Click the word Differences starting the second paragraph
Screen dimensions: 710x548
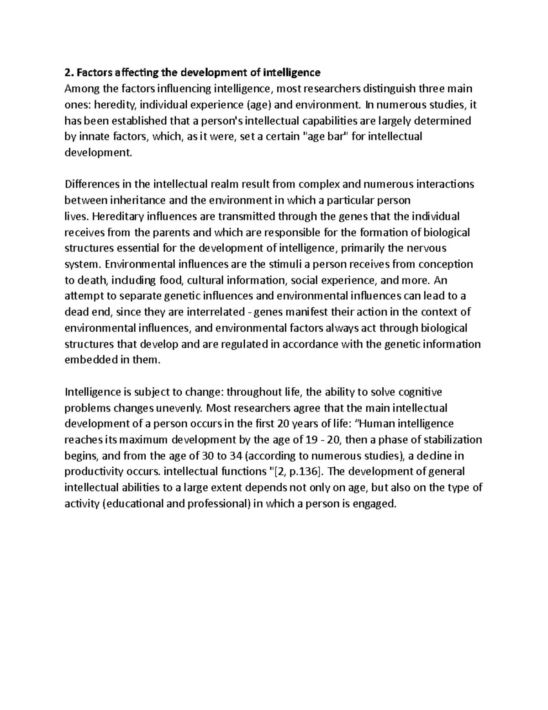click(91, 184)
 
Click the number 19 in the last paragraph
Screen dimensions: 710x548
click(311, 440)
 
